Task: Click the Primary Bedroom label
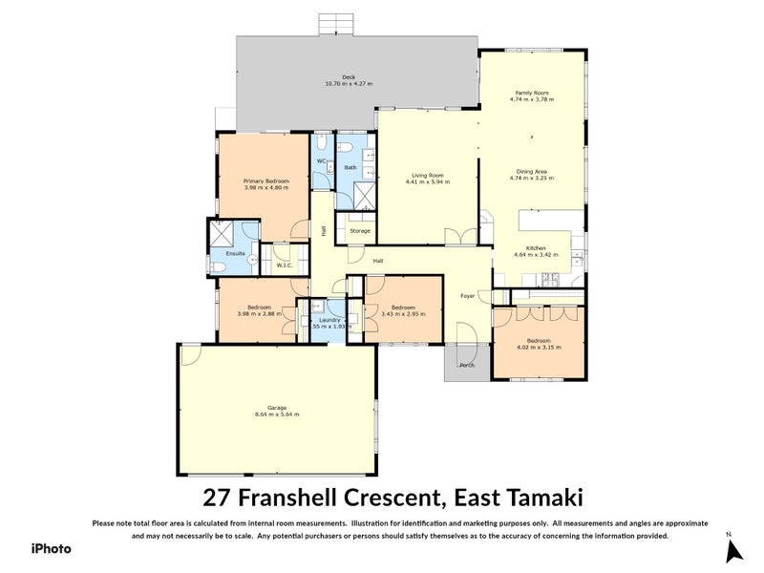[265, 180]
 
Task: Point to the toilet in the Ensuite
[217, 266]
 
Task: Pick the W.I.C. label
[284, 265]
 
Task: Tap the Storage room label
[359, 231]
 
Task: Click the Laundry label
[329, 319]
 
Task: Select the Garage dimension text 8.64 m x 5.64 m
[277, 414]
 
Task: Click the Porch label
[467, 365]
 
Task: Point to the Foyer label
[468, 295]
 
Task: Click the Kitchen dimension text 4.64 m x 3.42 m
[536, 255]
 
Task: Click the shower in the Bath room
[365, 195]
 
